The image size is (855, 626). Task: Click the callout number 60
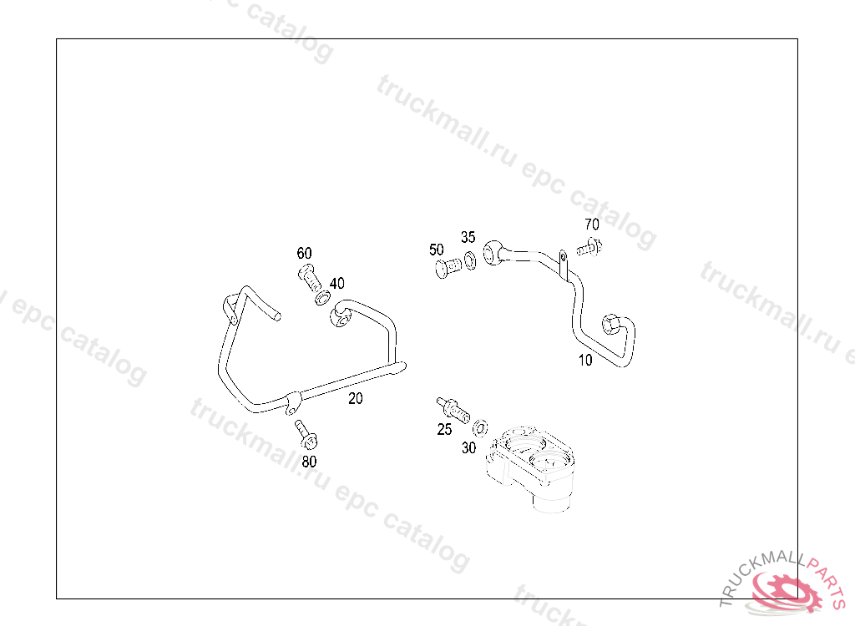(304, 253)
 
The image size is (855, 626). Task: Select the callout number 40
(336, 284)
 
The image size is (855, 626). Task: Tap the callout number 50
(436, 250)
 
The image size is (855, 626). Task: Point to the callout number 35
(468, 237)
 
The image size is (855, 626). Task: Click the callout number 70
(591, 224)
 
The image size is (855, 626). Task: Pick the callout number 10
(584, 361)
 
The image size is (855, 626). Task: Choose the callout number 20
(356, 398)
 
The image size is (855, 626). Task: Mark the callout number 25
(444, 429)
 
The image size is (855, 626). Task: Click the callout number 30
(468, 447)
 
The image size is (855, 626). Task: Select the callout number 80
(309, 460)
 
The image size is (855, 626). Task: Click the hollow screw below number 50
(448, 268)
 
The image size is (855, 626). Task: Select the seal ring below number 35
(471, 259)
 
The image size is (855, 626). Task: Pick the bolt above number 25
(452, 408)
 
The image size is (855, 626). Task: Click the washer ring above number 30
(480, 429)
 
